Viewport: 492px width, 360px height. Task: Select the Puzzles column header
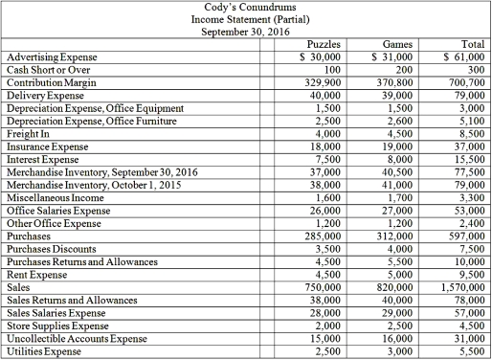[x=325, y=44]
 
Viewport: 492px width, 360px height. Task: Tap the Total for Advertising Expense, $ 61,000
[x=458, y=57]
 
